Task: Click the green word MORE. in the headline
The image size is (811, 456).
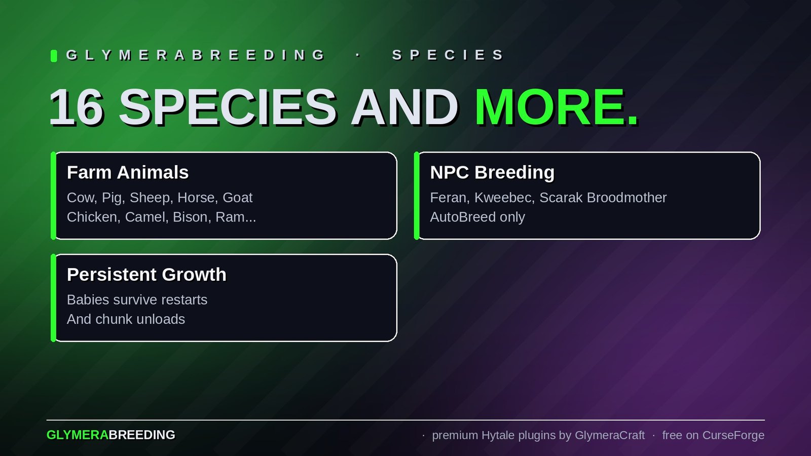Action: point(556,107)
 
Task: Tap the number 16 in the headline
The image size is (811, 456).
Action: point(76,107)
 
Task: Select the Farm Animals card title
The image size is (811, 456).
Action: point(127,172)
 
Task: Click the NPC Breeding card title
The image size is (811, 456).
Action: point(492,172)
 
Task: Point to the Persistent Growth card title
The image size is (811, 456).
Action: point(146,274)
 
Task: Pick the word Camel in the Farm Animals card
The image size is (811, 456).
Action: point(145,217)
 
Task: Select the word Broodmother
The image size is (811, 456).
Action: point(626,198)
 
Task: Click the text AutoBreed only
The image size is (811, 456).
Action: point(477,217)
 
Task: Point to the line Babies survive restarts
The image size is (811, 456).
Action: point(137,299)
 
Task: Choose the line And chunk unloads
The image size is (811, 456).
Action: point(126,319)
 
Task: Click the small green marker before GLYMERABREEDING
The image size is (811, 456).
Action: point(54,56)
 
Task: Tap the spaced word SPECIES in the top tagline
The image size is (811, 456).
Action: point(448,55)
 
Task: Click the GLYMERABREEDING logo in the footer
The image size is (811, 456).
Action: point(111,435)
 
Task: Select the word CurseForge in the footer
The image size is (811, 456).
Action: point(733,435)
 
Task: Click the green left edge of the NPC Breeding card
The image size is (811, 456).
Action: point(416,196)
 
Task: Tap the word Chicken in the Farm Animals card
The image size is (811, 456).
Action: point(93,217)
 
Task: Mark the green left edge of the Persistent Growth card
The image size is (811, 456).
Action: point(53,298)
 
